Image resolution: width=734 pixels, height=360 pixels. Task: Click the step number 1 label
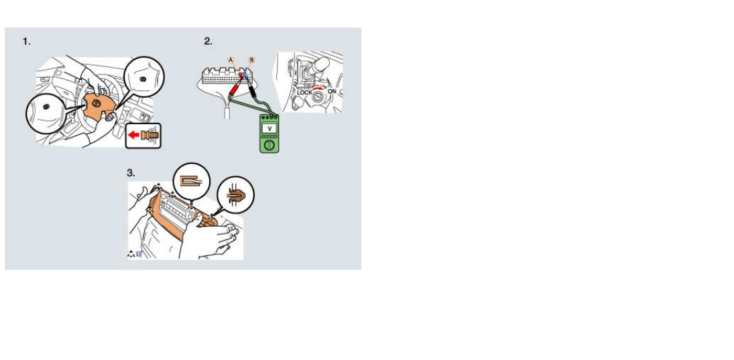tap(27, 42)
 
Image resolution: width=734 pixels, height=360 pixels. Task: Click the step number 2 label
tap(208, 42)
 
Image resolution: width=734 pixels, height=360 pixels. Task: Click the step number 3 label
tap(131, 173)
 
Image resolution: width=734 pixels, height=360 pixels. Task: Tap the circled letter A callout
tap(231, 60)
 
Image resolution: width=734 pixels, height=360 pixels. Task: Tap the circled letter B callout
tap(252, 60)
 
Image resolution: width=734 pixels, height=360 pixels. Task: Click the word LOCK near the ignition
tap(304, 93)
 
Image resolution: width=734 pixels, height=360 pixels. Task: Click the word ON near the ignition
tap(332, 91)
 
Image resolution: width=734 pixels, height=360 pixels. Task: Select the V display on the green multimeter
tap(269, 128)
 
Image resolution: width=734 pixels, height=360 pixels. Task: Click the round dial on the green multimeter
tap(269, 145)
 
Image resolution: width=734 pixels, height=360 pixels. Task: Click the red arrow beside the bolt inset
tap(134, 135)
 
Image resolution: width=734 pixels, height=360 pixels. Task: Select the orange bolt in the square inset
tap(149, 135)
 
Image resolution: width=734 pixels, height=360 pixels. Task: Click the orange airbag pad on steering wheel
tap(97, 107)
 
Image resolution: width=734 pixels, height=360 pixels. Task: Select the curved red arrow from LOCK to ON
tap(318, 88)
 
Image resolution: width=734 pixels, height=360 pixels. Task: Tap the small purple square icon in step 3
tap(139, 255)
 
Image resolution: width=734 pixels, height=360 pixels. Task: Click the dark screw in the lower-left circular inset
tap(46, 107)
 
